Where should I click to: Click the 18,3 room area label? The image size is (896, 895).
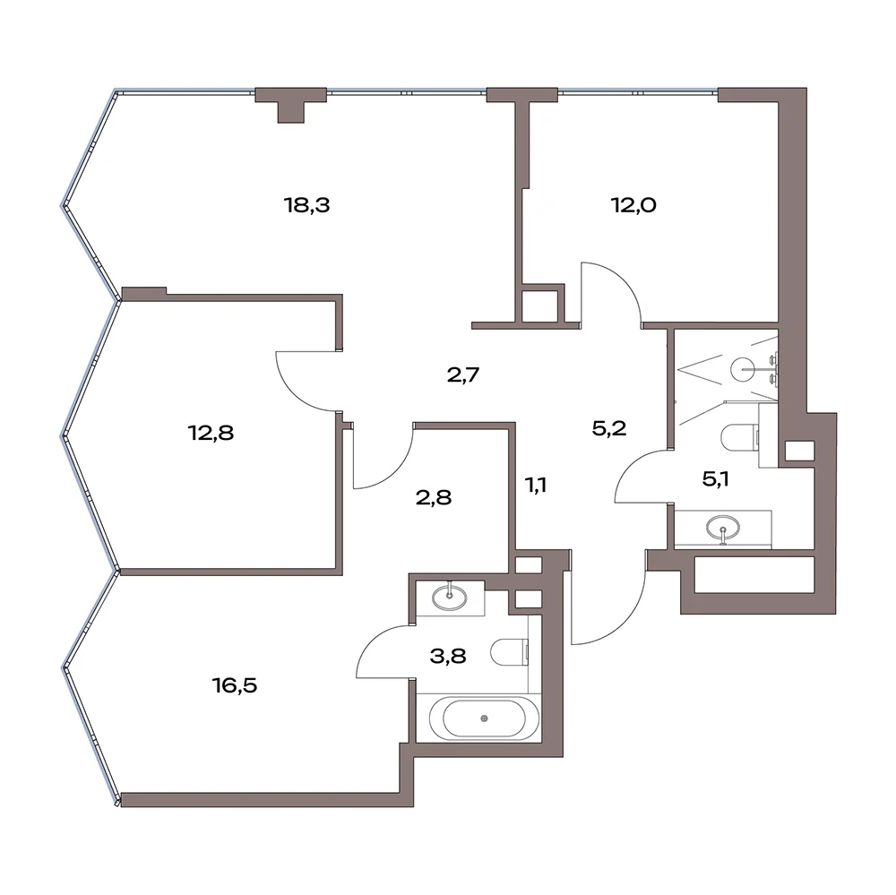306,204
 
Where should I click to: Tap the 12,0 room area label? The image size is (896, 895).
633,204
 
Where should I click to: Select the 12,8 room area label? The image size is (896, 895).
211,433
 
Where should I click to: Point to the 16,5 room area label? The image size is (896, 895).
235,684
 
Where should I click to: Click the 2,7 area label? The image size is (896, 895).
463,374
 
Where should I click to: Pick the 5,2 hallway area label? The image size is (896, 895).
609,427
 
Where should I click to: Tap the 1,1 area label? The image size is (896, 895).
536,486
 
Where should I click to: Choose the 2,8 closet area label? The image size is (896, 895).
434,497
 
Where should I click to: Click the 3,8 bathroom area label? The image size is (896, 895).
448,656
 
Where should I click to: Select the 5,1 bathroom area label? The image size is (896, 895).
715,479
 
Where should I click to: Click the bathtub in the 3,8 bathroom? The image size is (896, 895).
484,719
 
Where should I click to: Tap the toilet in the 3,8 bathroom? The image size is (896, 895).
510,652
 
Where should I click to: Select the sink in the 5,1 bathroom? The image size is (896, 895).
723,528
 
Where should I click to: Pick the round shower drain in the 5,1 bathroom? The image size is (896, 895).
744,369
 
